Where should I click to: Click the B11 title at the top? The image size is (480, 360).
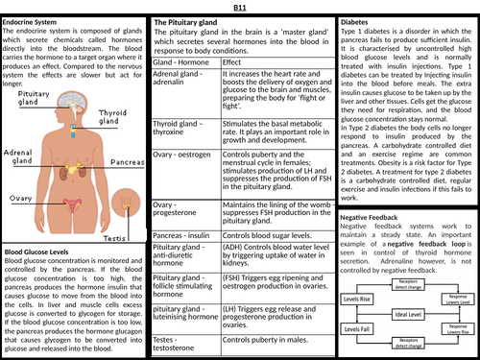coord(239,8)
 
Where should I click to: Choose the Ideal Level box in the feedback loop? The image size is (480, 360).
coord(408,315)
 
